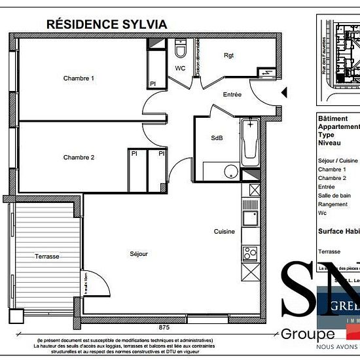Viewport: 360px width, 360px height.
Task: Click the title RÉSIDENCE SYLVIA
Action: coord(107,24)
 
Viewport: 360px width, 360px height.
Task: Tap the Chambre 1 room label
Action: coord(79,79)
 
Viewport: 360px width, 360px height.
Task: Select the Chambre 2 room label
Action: coord(79,157)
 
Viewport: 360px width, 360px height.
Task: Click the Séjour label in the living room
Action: coord(139,253)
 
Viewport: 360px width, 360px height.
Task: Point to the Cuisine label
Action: coord(223,232)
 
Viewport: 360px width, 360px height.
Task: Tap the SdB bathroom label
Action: coord(216,139)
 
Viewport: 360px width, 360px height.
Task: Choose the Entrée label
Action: coord(232,94)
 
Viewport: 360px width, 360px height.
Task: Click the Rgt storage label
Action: coord(228,55)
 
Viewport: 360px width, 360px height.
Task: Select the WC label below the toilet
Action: coord(181,68)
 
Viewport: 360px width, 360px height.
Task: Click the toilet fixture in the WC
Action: coord(181,48)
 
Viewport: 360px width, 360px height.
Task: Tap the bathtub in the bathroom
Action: coord(250,142)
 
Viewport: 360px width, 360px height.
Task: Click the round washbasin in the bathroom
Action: coord(230,171)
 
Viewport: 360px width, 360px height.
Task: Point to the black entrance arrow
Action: coord(283,93)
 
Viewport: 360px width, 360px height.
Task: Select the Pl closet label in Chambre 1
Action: coord(153,84)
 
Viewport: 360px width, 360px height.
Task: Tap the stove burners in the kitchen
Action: coord(249,252)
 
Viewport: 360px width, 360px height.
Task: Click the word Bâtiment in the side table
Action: coord(332,118)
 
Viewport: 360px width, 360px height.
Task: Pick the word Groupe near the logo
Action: coord(308,334)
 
